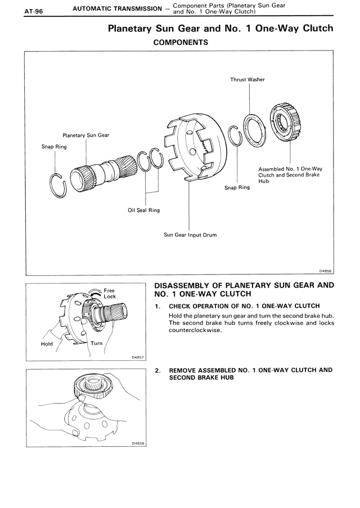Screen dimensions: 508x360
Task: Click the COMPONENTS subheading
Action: coord(181,42)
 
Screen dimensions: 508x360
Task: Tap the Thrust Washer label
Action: coord(247,79)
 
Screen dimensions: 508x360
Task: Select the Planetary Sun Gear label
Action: coord(85,135)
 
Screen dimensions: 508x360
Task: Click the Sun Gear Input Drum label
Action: coord(190,235)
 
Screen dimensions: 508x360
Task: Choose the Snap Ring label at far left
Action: coord(54,147)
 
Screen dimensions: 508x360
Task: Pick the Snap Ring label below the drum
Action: coord(237,187)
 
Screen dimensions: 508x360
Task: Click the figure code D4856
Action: coord(326,270)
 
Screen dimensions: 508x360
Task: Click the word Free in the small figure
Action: coord(109,291)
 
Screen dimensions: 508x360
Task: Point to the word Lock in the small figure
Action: coord(109,296)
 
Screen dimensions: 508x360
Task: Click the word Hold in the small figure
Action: coord(47,343)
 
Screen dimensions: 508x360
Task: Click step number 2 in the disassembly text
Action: coord(157,370)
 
